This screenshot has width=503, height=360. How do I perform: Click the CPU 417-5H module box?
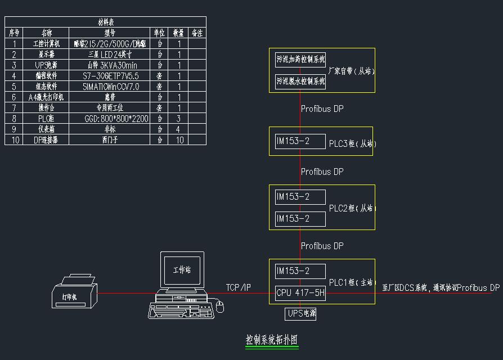(x=300, y=293)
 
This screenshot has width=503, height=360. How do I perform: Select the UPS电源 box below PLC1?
(x=300, y=314)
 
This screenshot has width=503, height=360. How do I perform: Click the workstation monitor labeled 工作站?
(x=181, y=271)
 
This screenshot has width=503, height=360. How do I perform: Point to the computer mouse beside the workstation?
(x=219, y=307)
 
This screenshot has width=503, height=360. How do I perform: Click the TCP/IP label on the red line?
(x=239, y=287)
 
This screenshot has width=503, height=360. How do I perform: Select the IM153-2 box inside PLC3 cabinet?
(x=300, y=141)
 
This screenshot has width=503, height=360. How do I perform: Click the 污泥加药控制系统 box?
(x=300, y=59)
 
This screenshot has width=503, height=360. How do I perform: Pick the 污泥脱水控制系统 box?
(x=300, y=81)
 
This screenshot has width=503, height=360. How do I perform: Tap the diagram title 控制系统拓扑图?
(x=271, y=340)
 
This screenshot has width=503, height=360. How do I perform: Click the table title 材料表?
(x=106, y=22)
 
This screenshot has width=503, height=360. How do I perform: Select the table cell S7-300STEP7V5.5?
(x=110, y=76)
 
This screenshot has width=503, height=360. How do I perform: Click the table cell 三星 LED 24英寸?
(x=110, y=55)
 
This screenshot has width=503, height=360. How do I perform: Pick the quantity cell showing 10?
(x=179, y=140)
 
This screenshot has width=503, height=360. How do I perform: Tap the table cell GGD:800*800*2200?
(x=110, y=119)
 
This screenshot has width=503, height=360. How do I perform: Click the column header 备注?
(x=197, y=33)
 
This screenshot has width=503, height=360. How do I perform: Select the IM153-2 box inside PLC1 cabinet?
(x=300, y=271)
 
